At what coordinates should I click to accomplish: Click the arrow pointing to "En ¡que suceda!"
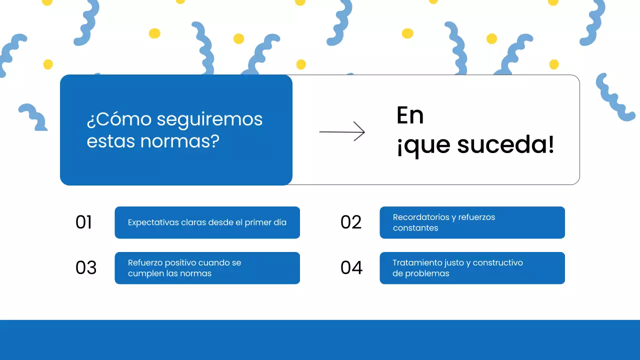[342, 132]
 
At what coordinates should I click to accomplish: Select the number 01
[84, 222]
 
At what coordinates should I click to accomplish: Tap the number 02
[351, 222]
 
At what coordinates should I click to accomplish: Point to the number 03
[86, 268]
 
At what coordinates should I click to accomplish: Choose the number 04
[351, 268]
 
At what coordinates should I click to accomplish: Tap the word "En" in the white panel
[410, 116]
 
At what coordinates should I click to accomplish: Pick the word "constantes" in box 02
[415, 228]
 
